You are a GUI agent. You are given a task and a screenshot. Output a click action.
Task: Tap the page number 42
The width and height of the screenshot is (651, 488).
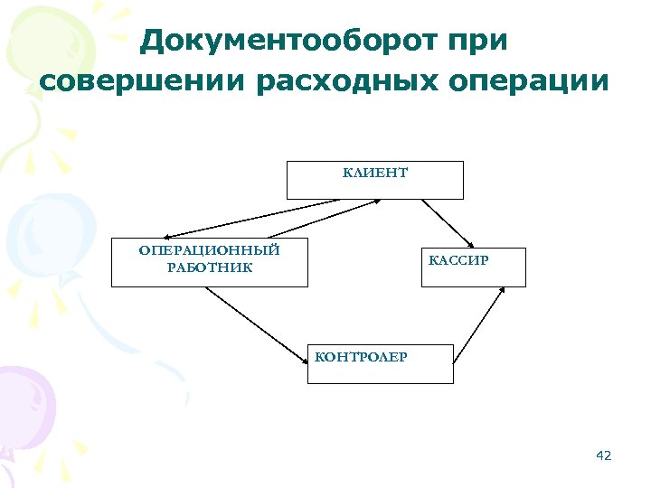(x=604, y=455)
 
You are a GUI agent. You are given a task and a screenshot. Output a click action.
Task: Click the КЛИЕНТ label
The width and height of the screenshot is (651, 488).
(x=375, y=172)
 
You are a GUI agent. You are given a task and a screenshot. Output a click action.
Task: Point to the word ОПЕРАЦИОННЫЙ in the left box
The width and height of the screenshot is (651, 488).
(x=209, y=249)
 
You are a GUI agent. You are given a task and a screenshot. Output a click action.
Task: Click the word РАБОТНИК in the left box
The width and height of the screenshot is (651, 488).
(x=209, y=267)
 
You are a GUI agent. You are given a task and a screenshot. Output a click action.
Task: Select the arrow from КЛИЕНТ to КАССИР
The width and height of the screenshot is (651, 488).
(x=448, y=222)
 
